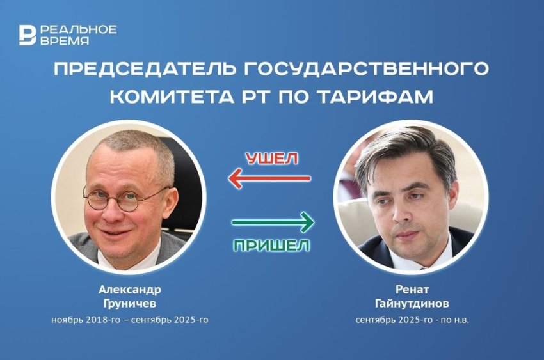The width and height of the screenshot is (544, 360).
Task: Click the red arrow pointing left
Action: pyautogui.click(x=269, y=178)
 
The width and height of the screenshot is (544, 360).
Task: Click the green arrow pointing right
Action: pyautogui.click(x=273, y=222)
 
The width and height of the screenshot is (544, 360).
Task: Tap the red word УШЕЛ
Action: pyautogui.click(x=272, y=159)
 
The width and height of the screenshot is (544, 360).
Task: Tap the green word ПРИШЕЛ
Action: pyautogui.click(x=271, y=246)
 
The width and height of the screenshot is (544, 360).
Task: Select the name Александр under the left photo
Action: pyautogui.click(x=130, y=289)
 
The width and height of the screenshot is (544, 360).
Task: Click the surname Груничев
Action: pyautogui.click(x=130, y=304)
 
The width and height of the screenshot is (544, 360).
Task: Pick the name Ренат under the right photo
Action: pyautogui.click(x=412, y=289)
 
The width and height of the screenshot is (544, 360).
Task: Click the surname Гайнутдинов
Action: pyautogui.click(x=412, y=304)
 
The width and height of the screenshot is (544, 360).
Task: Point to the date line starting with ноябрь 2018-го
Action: pyautogui.click(x=130, y=320)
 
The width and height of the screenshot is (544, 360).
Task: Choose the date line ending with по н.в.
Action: pyautogui.click(x=412, y=320)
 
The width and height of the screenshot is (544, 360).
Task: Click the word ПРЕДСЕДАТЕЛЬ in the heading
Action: pyautogui.click(x=145, y=69)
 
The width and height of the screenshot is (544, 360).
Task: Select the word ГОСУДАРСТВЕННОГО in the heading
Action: pyautogui.click(x=366, y=68)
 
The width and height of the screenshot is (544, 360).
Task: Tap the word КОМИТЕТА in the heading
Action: pyautogui.click(x=172, y=97)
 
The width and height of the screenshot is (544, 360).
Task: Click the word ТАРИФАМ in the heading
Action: pyautogui.click(x=376, y=97)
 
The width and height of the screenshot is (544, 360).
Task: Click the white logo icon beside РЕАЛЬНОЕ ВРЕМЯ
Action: pyautogui.click(x=28, y=35)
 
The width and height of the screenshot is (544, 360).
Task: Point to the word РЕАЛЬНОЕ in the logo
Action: pyautogui.click(x=79, y=29)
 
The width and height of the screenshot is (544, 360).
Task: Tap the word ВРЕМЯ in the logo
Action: pyautogui.click(x=65, y=41)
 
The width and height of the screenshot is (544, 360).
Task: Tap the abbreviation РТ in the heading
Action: pyautogui.click(x=257, y=97)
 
